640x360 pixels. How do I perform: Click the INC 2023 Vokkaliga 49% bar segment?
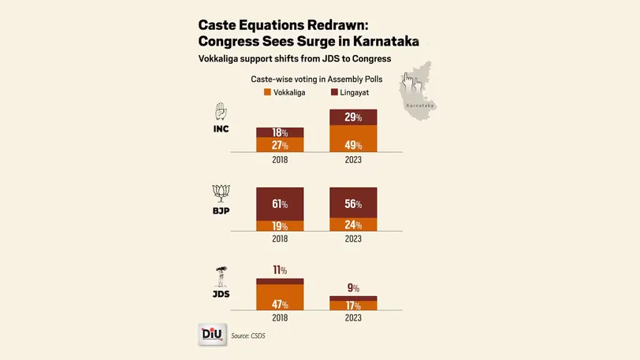coord(353,139)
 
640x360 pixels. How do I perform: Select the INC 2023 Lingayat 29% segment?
coord(353,117)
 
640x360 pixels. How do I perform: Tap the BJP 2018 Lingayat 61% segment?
coord(280,204)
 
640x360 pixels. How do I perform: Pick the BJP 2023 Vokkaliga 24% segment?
coord(353,225)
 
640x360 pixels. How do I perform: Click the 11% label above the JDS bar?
coord(280,270)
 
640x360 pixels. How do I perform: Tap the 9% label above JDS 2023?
coord(353,288)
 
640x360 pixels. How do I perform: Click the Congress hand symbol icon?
coord(222,111)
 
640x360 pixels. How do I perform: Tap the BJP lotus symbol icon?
coord(221,192)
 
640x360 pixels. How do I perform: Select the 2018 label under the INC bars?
coord(280,158)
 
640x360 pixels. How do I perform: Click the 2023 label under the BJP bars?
coord(353,238)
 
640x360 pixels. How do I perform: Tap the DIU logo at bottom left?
coord(211,335)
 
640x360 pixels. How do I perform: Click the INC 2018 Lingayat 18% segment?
coord(280,132)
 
